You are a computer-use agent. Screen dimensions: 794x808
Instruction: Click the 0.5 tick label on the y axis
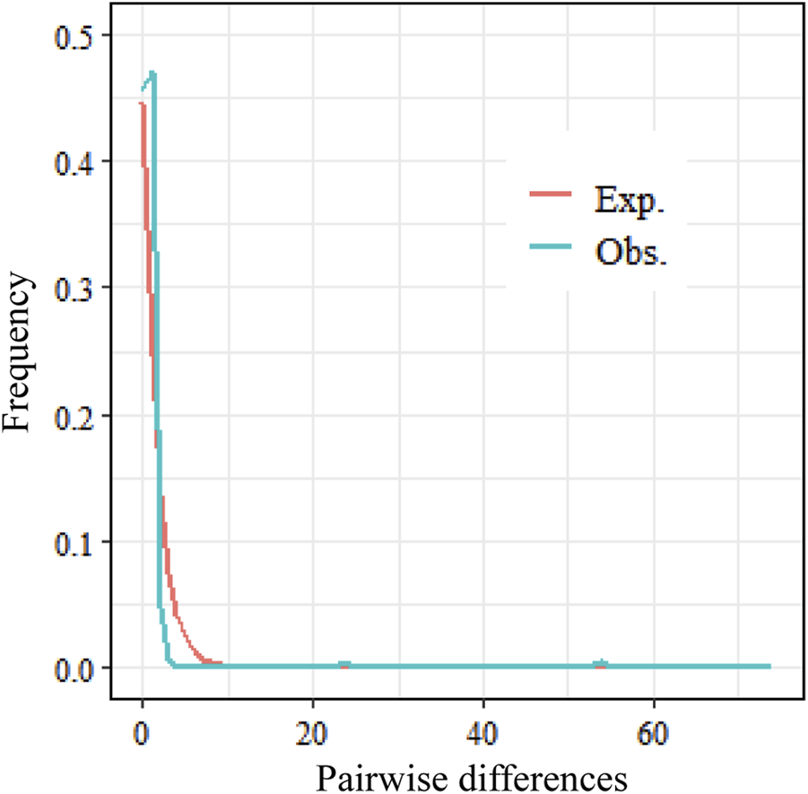76,35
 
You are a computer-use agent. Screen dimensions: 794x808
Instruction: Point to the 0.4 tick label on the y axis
76,161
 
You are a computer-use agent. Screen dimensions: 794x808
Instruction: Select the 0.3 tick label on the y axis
76,288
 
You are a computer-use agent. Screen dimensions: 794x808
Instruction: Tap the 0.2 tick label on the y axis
76,415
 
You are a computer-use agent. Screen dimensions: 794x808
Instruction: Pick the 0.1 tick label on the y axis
76,541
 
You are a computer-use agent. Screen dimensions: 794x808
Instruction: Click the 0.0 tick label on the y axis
76,669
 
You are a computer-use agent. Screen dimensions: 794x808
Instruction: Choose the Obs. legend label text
631,253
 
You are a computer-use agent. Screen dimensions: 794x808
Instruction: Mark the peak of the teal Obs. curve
152,73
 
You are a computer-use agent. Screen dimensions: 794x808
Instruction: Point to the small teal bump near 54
601,664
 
